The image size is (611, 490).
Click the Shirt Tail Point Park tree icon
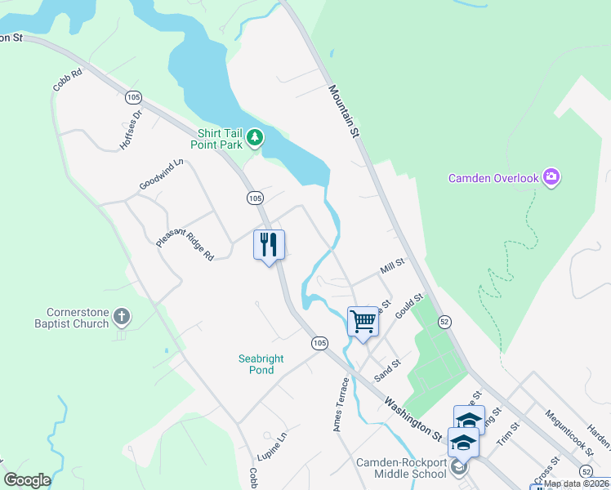(x=256, y=137)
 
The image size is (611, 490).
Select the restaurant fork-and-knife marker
(x=268, y=244)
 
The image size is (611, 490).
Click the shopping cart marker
(x=363, y=320)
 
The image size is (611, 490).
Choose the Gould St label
(x=408, y=307)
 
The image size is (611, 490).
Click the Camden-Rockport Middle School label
(x=401, y=468)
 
